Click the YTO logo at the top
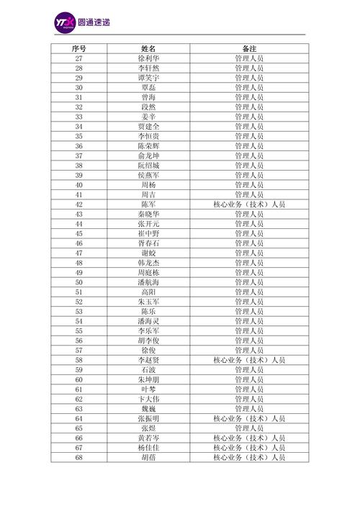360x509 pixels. pyautogui.click(x=65, y=24)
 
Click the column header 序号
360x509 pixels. pyautogui.click(x=78, y=48)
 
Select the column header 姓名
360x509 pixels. pyautogui.click(x=149, y=48)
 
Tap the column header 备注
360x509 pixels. pyautogui.click(x=249, y=48)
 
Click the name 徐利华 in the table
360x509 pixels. pyautogui.click(x=149, y=58)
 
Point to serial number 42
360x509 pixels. pyautogui.click(x=78, y=204)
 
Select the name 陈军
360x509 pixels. pyautogui.click(x=149, y=204)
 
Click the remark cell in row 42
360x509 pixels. pyautogui.click(x=249, y=204)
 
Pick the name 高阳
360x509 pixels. pyautogui.click(x=149, y=292)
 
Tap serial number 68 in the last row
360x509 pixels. pyautogui.click(x=78, y=457)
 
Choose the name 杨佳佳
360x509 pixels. pyautogui.click(x=149, y=447)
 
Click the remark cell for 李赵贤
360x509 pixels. pyautogui.click(x=249, y=359)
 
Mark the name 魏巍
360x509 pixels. pyautogui.click(x=149, y=408)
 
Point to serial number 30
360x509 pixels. pyautogui.click(x=78, y=87)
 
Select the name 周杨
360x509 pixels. pyautogui.click(x=149, y=184)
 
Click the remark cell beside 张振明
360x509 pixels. pyautogui.click(x=249, y=418)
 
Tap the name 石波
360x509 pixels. pyautogui.click(x=149, y=369)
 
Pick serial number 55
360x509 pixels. pyautogui.click(x=78, y=330)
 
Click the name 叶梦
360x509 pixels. pyautogui.click(x=149, y=389)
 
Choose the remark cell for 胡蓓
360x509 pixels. pyautogui.click(x=249, y=457)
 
